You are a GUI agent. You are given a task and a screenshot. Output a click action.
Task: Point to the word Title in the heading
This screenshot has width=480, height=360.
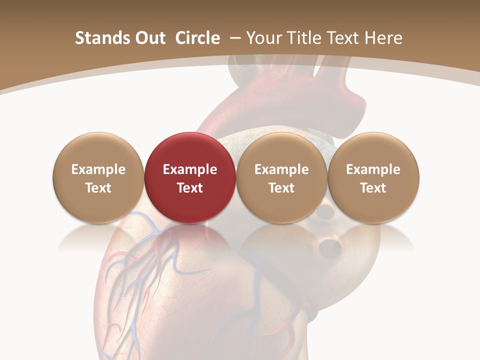pyautogui.click(x=303, y=38)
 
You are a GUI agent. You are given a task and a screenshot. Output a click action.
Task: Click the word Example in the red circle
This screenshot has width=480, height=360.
pyautogui.click(x=190, y=169)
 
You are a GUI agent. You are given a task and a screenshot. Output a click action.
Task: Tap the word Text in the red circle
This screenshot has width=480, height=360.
pyautogui.click(x=190, y=188)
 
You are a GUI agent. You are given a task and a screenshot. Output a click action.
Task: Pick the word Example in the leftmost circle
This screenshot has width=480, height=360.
pyautogui.click(x=98, y=169)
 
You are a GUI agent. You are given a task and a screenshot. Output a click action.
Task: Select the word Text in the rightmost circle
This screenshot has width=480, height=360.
pyautogui.click(x=373, y=188)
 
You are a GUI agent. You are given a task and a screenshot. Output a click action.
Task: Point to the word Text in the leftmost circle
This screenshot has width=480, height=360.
pyautogui.click(x=98, y=188)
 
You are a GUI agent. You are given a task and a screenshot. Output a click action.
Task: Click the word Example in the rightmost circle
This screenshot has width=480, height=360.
pyautogui.click(x=373, y=169)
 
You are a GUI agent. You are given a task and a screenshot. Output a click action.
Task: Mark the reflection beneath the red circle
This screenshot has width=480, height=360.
pyautogui.click(x=190, y=240)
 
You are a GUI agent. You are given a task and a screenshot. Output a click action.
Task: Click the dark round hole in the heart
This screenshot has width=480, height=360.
pyautogui.click(x=329, y=245)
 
